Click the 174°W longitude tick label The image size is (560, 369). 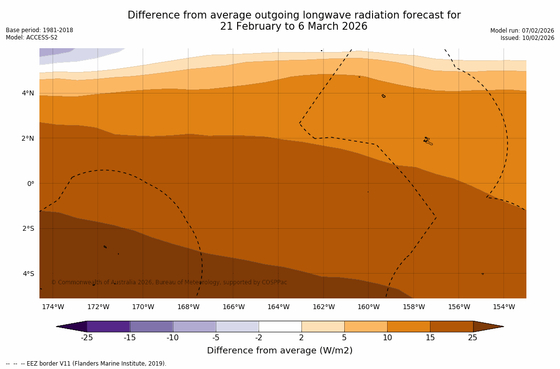(x=53, y=307)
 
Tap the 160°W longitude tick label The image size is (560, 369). (x=368, y=307)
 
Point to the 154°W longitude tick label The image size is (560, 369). (x=504, y=307)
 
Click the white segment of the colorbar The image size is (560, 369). (x=280, y=326)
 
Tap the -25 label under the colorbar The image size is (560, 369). (x=87, y=338)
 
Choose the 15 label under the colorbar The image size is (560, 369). (x=430, y=338)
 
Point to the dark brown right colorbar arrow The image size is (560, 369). (x=487, y=326)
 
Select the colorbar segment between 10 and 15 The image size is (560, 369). (x=409, y=326)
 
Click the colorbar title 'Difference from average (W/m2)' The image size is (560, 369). (x=280, y=351)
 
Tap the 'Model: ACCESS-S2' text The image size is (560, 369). (x=32, y=37)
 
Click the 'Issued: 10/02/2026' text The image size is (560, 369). (x=527, y=38)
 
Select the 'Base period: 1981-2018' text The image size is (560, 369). (x=39, y=30)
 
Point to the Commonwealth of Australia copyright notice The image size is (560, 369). (x=169, y=282)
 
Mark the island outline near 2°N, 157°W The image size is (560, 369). (x=428, y=141)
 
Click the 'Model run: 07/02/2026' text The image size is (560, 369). (x=522, y=30)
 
